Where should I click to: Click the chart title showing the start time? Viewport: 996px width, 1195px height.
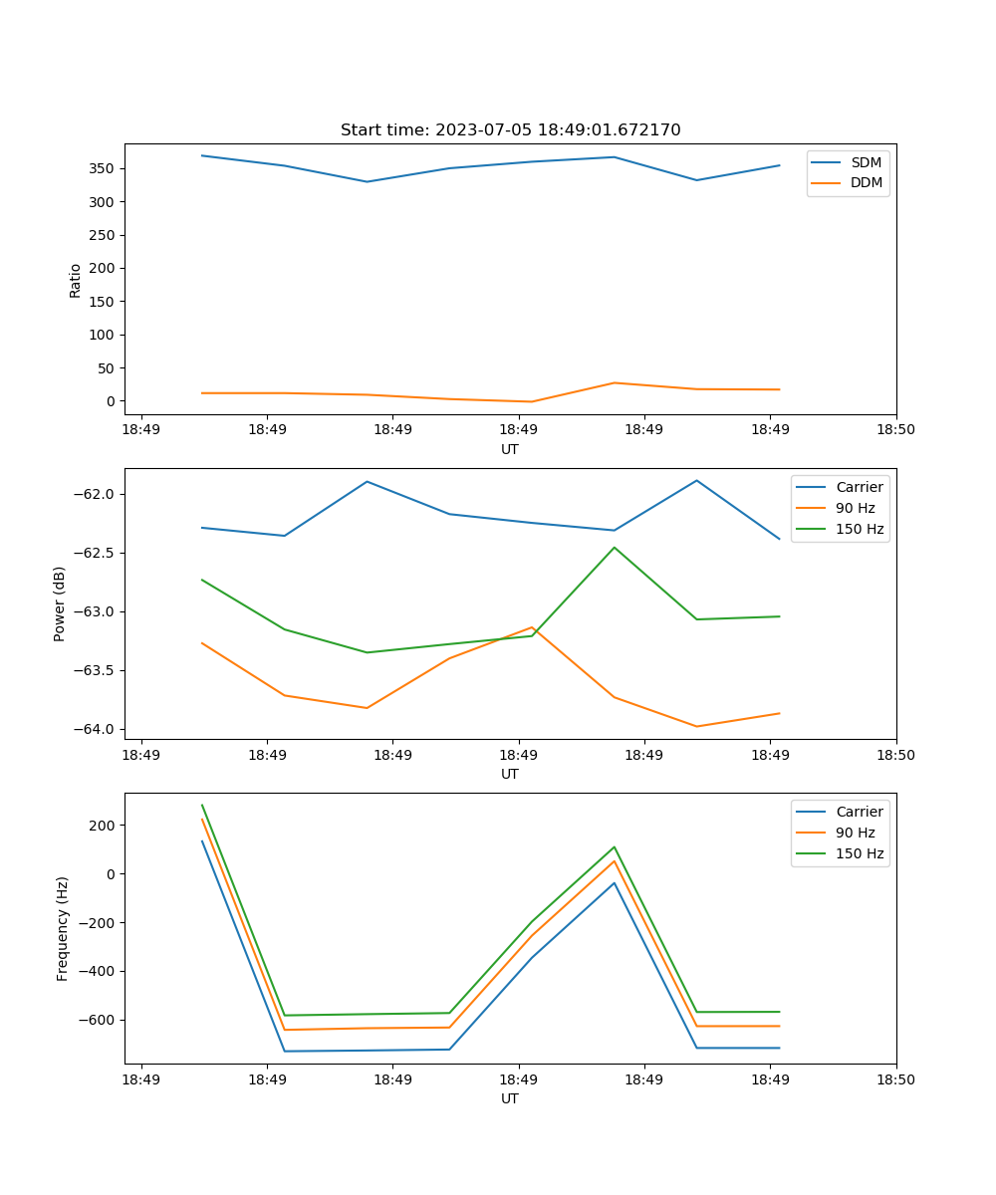point(510,130)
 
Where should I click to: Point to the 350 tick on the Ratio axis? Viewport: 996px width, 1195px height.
point(104,168)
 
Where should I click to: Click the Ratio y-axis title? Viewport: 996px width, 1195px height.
point(76,280)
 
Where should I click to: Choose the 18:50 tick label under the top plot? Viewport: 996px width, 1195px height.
point(895,430)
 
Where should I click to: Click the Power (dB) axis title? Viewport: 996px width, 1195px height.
point(60,603)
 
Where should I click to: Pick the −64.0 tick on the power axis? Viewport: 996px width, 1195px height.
point(97,729)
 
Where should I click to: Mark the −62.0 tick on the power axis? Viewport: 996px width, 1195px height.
point(97,495)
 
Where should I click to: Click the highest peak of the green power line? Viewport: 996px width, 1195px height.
point(615,547)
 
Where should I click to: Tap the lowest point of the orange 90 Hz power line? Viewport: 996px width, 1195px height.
point(696,726)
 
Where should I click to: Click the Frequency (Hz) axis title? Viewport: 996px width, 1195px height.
point(63,928)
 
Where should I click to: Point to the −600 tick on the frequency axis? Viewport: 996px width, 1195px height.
point(100,1021)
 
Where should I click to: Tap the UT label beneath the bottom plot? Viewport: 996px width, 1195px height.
point(510,1099)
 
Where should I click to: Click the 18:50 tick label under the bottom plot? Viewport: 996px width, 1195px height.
point(895,1079)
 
